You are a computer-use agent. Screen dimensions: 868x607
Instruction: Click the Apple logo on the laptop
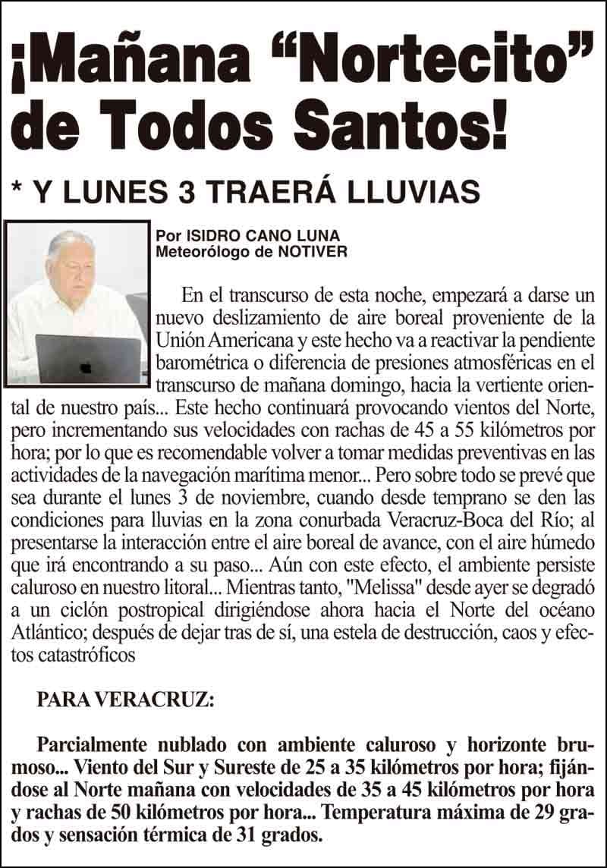click(86, 366)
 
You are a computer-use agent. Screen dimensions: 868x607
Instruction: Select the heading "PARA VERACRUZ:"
click(125, 700)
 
